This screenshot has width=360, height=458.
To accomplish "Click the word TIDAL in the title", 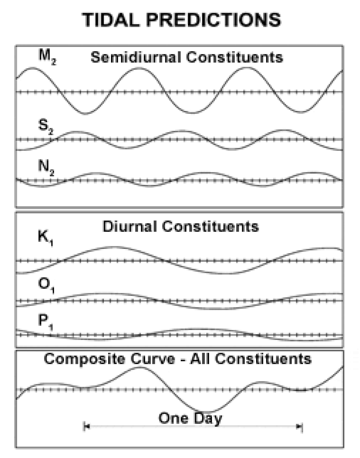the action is click(x=111, y=19).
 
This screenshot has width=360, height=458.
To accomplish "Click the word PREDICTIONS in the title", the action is click(x=214, y=19).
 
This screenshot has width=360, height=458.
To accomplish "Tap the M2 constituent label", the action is click(x=47, y=57).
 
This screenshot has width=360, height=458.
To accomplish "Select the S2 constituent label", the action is click(x=46, y=127).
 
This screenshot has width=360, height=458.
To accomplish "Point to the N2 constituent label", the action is click(x=46, y=168).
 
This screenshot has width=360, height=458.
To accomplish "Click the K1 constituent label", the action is click(x=45, y=238).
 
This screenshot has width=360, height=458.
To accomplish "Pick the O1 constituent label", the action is click(x=46, y=285).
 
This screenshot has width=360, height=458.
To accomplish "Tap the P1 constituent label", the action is click(x=45, y=322).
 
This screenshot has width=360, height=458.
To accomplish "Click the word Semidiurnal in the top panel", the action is click(x=136, y=57).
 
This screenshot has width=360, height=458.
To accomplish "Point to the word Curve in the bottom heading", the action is click(x=153, y=359).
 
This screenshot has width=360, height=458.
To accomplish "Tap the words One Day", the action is click(x=190, y=419).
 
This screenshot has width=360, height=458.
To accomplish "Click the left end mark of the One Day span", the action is click(x=84, y=427).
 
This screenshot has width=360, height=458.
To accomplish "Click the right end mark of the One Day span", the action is click(x=302, y=427).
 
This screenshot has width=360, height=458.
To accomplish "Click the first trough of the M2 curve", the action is click(x=85, y=114).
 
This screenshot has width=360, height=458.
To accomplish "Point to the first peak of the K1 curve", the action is click(x=112, y=247).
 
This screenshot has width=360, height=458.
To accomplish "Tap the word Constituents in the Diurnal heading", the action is click(x=210, y=227).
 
